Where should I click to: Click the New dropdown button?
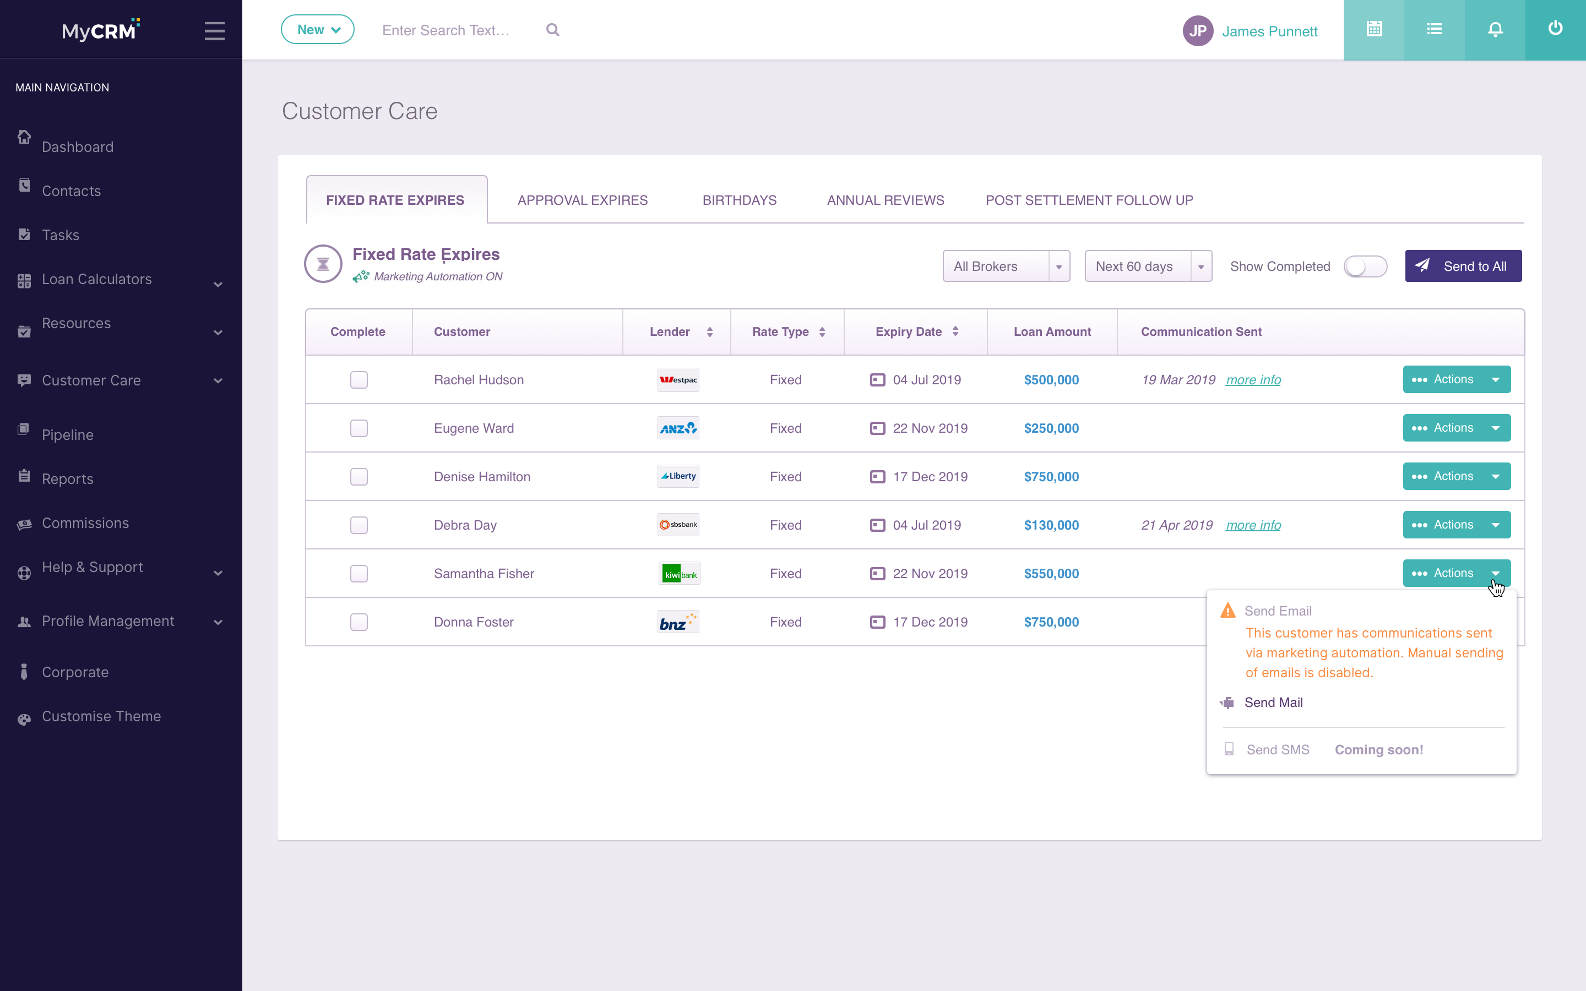[x=317, y=30]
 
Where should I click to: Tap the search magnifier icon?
[x=552, y=30]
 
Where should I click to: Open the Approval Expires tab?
[x=582, y=200]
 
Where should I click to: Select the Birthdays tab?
[x=739, y=200]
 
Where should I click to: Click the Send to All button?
[x=1463, y=266]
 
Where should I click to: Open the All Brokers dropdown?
[x=1006, y=266]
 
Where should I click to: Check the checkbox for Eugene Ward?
[x=359, y=428]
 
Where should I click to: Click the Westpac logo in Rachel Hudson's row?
[x=678, y=379]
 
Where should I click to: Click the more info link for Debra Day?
[x=1253, y=525]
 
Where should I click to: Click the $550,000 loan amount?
[x=1051, y=574]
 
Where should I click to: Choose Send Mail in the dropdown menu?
[x=1273, y=703]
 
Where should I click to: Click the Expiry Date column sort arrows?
[x=955, y=331]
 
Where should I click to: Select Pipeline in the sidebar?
[x=68, y=434]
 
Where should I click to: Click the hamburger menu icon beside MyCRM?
[x=214, y=31]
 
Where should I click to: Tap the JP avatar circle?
[x=1197, y=31]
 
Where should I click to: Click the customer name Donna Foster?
[x=473, y=622]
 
